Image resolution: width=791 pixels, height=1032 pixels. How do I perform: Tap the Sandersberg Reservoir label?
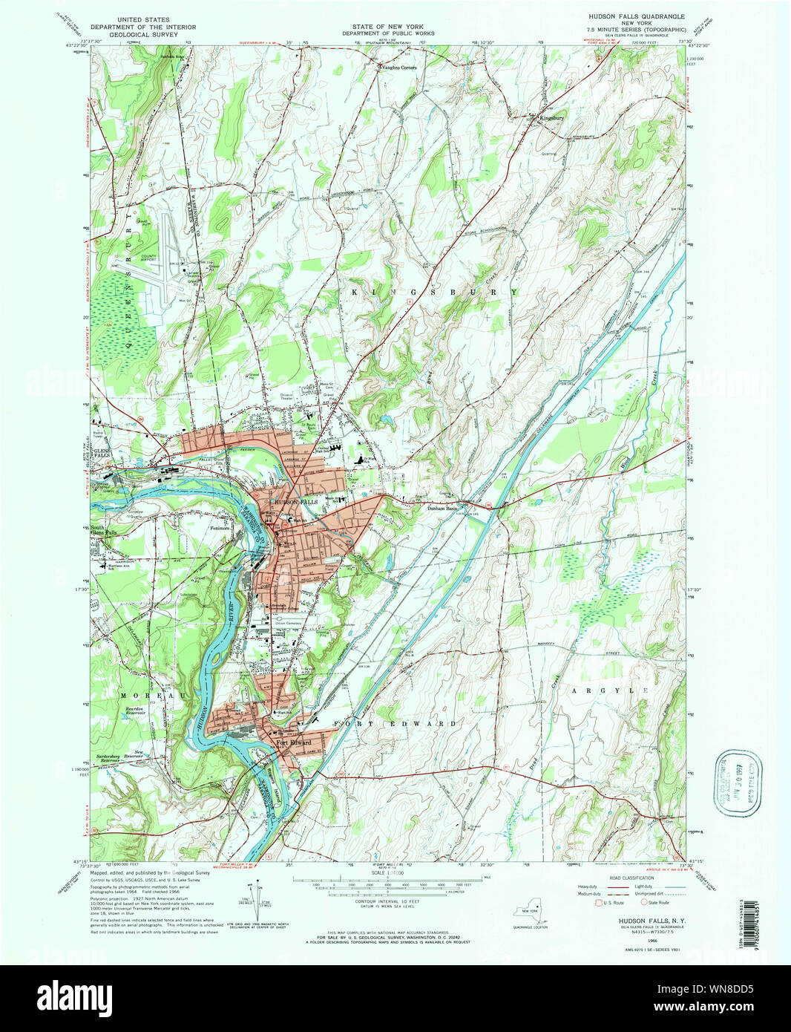click(113, 760)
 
